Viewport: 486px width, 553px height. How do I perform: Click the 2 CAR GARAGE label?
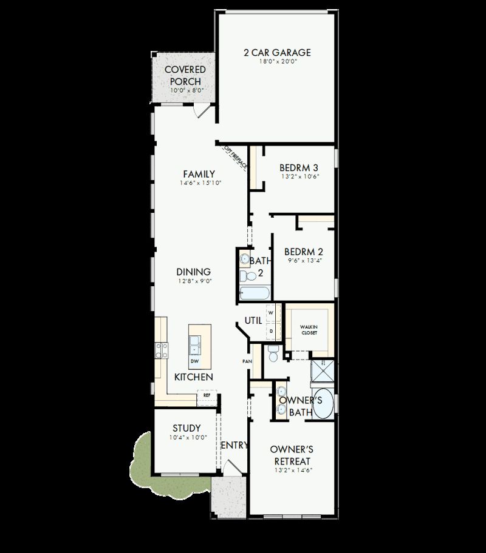(x=277, y=53)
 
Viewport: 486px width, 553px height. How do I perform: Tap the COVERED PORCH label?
(x=185, y=75)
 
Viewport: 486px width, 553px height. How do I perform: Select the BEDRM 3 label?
(x=299, y=167)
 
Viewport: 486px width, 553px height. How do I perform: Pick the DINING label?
(x=193, y=272)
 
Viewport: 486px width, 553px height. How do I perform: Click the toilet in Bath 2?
(x=247, y=276)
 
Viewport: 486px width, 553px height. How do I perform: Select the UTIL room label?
(x=253, y=320)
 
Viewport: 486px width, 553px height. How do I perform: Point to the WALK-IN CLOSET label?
(x=309, y=330)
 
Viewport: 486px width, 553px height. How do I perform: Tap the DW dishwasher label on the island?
(x=194, y=361)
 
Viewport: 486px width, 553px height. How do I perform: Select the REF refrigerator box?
(x=207, y=395)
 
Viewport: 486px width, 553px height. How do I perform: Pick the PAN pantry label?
(x=247, y=361)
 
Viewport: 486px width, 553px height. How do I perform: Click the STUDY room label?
(x=187, y=428)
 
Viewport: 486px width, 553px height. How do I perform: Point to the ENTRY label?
(x=234, y=445)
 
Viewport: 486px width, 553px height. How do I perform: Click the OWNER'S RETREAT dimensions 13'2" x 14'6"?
(x=292, y=470)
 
